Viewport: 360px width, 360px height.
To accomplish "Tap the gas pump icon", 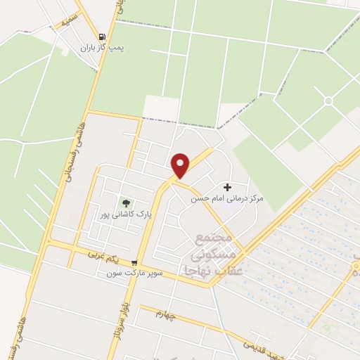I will (x=103, y=37).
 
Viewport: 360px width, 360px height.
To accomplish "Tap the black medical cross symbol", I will (x=227, y=187).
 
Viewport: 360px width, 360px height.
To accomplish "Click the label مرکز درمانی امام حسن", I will (x=227, y=199).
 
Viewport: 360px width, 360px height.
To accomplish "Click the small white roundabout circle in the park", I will (x=328, y=101).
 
